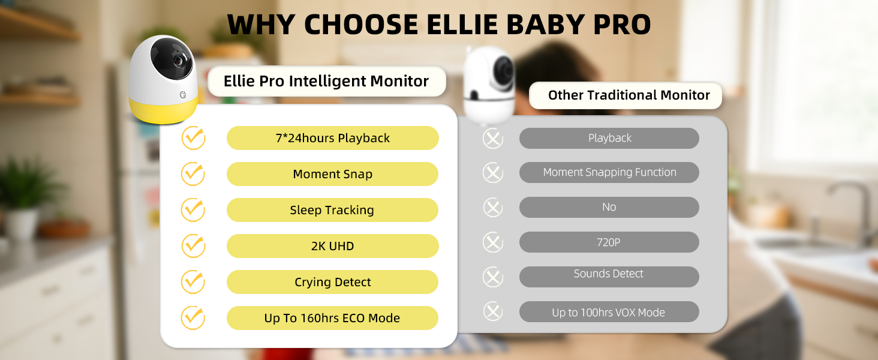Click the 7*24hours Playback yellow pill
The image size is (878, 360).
[332, 138]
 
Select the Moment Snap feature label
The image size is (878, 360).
[332, 174]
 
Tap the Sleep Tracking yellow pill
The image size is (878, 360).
[332, 210]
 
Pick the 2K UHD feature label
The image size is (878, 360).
[332, 246]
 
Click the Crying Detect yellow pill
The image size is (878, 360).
[332, 282]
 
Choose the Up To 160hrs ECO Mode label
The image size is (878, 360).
[332, 318]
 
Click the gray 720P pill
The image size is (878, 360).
[609, 242]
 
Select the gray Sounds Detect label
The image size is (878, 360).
[609, 277]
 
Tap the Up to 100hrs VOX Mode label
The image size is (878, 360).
[609, 312]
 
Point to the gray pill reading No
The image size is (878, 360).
[609, 207]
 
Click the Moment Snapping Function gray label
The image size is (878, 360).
[609, 173]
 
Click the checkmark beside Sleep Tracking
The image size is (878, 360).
[193, 210]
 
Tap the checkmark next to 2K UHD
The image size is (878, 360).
[193, 246]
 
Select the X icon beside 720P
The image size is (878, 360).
[493, 242]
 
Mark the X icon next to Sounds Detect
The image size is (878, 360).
[493, 277]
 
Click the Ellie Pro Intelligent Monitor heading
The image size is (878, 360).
[326, 81]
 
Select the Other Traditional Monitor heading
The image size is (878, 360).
[629, 95]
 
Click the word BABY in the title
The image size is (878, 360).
[545, 25]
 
